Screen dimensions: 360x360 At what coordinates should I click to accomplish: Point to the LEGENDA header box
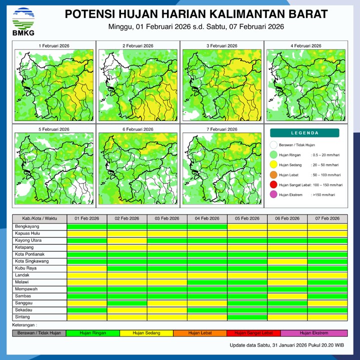tap(304, 133)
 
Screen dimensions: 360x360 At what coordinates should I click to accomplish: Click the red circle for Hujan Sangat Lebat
tap(273, 185)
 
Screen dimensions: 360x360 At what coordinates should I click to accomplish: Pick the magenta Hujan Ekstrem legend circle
tap(273, 194)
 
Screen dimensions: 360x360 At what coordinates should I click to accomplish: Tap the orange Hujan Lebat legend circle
tap(273, 175)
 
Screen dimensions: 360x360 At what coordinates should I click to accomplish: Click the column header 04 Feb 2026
tap(207, 219)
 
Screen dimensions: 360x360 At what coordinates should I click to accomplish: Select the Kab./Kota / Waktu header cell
tap(39, 219)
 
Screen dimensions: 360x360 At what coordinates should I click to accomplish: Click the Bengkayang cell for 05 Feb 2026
tap(247, 226)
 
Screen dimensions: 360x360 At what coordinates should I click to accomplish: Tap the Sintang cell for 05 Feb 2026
tap(247, 317)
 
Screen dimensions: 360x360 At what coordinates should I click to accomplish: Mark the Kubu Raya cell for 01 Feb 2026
tap(87, 268)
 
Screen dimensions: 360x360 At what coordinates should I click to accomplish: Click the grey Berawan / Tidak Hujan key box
tap(39, 333)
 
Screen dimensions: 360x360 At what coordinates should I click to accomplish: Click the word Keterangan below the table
tap(26, 324)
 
